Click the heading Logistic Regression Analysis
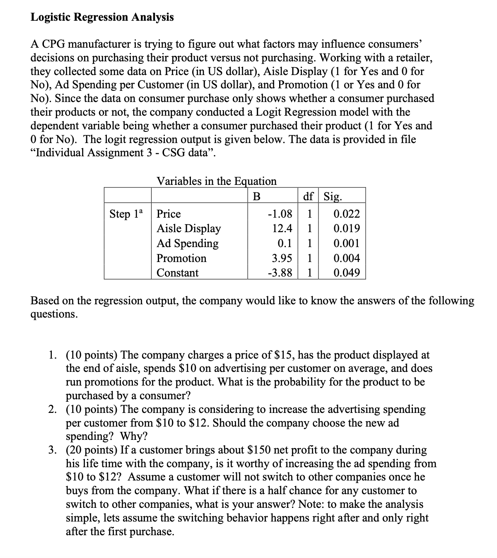coord(102,17)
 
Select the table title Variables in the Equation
coord(216,181)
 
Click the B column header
coord(256,196)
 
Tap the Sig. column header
coord(333,196)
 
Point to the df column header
coord(308,196)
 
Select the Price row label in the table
coord(169,214)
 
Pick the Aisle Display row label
coord(188,228)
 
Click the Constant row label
coord(177,273)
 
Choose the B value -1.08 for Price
coord(280,214)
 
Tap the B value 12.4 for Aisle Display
coord(282,228)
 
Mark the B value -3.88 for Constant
coord(280,273)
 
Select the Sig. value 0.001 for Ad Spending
coord(347,243)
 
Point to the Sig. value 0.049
coord(347,273)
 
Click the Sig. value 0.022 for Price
coord(347,214)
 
